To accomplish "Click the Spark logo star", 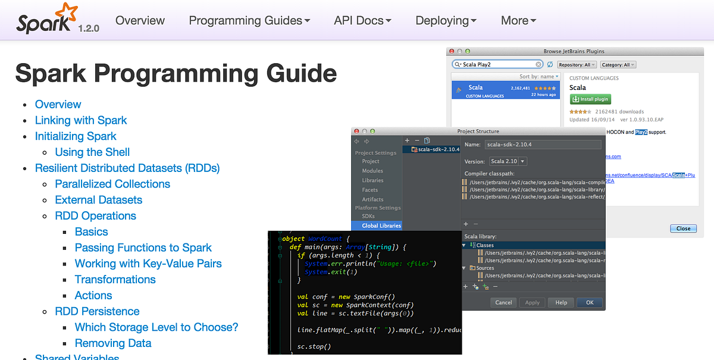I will point(67,12).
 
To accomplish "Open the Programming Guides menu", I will point(249,20).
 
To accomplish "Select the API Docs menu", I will point(362,20).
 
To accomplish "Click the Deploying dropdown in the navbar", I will point(446,20).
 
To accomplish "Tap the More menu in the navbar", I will point(518,20).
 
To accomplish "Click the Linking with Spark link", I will point(81,120).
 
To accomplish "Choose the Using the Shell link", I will point(92,152).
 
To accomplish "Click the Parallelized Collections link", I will point(112,184).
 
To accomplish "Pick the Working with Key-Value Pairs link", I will point(148,264).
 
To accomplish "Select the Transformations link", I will point(115,280).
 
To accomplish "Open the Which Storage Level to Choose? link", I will point(156,327).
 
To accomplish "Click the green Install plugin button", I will point(590,99).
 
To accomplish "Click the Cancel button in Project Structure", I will point(503,302).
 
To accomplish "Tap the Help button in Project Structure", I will point(561,302).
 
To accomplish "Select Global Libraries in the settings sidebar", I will point(381,226).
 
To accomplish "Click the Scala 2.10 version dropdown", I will point(508,161).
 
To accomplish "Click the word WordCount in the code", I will point(325,239).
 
